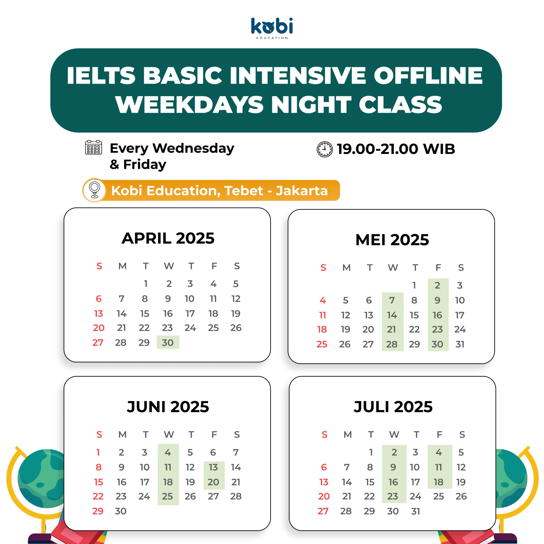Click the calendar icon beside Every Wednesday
click(x=93, y=147)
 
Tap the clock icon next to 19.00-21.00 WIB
click(x=325, y=149)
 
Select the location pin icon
click(x=95, y=190)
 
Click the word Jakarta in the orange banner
click(x=302, y=191)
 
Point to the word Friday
click(x=145, y=164)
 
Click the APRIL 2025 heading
click(x=168, y=238)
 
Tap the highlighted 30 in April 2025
click(x=168, y=342)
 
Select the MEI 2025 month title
click(x=392, y=240)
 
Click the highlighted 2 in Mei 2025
click(x=437, y=285)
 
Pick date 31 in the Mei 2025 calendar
click(x=460, y=344)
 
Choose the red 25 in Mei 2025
click(x=322, y=344)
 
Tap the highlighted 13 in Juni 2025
click(x=213, y=467)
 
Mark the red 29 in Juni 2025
click(x=98, y=511)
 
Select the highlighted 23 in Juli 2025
click(x=393, y=496)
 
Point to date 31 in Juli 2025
click(x=416, y=511)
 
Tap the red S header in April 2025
click(x=99, y=266)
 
